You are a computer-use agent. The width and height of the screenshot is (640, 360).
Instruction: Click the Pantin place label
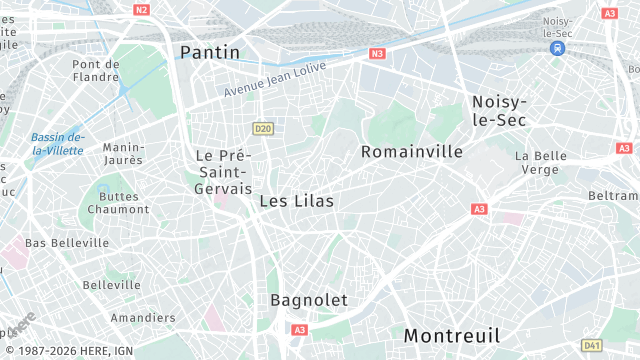tap(210, 51)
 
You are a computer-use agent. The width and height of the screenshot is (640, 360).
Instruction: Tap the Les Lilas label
tap(296, 201)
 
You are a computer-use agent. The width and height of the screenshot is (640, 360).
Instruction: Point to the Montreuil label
tap(452, 335)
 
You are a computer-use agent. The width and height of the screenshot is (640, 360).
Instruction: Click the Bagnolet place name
tap(309, 300)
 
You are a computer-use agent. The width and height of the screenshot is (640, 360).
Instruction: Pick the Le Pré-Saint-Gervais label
tap(222, 172)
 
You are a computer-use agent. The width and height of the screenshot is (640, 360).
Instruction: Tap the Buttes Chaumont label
tap(118, 202)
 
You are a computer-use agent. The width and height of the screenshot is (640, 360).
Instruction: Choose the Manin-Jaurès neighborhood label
tap(123, 153)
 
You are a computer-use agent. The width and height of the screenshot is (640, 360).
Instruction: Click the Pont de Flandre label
tap(96, 71)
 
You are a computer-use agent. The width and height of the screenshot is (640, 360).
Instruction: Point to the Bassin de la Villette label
tap(57, 144)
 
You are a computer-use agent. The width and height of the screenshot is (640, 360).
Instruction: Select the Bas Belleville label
tap(67, 243)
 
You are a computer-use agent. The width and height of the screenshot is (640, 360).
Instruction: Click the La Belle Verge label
tap(541, 163)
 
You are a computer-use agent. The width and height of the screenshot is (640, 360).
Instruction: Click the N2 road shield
tap(141, 10)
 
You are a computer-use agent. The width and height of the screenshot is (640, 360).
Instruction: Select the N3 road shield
tap(377, 54)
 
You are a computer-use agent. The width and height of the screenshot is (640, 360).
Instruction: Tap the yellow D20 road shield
tap(263, 128)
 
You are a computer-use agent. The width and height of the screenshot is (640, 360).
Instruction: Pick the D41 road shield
tap(592, 345)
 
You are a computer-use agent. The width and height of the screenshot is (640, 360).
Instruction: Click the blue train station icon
tap(558, 47)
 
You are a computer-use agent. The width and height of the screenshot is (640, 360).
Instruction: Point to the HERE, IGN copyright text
tap(66, 352)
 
